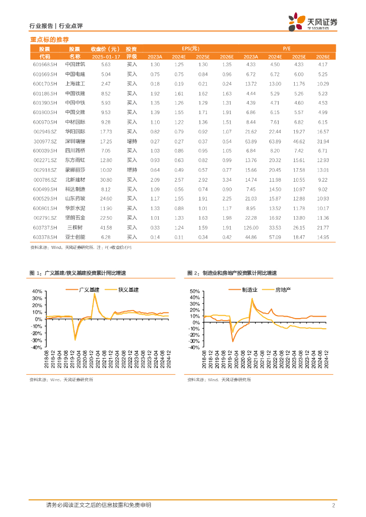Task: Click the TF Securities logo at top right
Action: click(313, 22)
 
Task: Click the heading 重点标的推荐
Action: click(50, 39)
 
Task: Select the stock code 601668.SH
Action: click(45, 65)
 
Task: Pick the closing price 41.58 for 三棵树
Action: click(106, 227)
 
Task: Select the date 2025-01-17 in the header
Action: click(105, 57)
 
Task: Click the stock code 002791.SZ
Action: click(45, 218)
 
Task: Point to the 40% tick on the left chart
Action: click(38, 292)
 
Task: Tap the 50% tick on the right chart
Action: click(195, 292)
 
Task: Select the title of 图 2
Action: click(232, 273)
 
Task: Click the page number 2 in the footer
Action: click(334, 505)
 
